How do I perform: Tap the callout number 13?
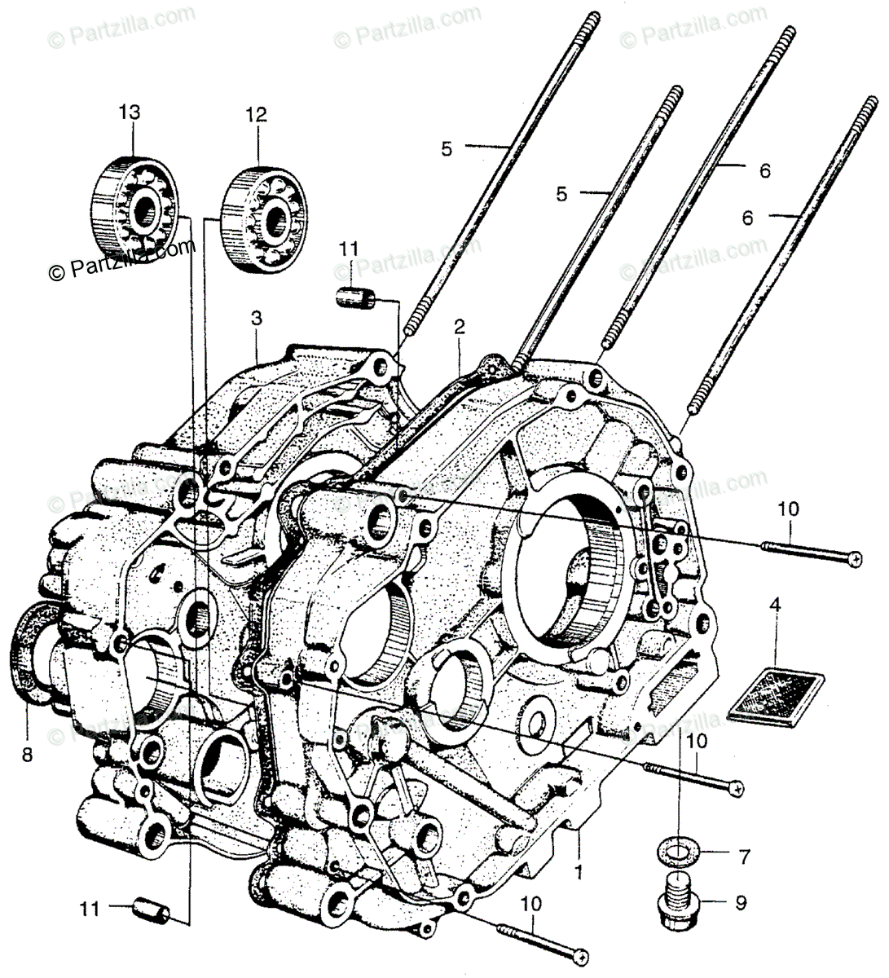tap(130, 112)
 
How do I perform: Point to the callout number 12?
tap(256, 115)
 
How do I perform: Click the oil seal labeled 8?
tap(31, 656)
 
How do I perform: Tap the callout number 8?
tap(27, 755)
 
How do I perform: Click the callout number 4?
tap(775, 605)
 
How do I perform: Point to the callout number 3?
tap(256, 319)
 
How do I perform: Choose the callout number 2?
tap(460, 328)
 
